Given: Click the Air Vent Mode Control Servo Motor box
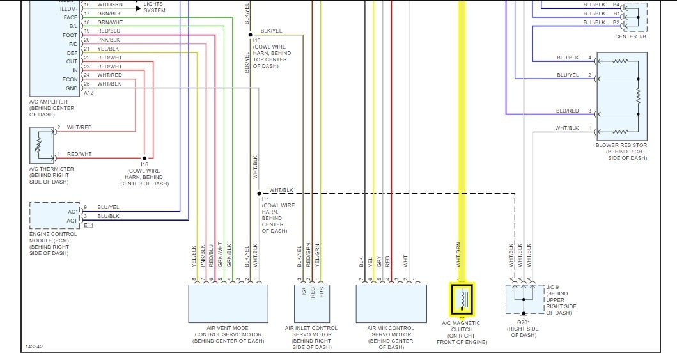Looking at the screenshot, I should pyautogui.click(x=228, y=303).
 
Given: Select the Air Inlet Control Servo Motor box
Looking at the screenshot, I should pyautogui.click(x=311, y=303).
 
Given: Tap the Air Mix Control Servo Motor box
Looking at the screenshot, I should pyautogui.click(x=391, y=303).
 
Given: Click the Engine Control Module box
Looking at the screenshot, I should pyautogui.click(x=55, y=215).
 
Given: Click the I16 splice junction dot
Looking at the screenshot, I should pyautogui.click(x=144, y=157).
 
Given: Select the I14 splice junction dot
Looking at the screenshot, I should pyautogui.click(x=259, y=193).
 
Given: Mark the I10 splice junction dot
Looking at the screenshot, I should pyautogui.click(x=251, y=35).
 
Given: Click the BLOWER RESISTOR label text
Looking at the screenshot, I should pyautogui.click(x=621, y=145).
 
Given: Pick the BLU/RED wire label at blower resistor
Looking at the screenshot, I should pyautogui.click(x=567, y=111).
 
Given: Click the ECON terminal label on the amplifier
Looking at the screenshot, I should pyautogui.click(x=70, y=79).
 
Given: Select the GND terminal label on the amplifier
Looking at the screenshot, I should pyautogui.click(x=72, y=88).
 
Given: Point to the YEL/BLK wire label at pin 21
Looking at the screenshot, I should pyautogui.click(x=108, y=49).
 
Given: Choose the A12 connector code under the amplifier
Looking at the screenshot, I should pyautogui.click(x=88, y=93).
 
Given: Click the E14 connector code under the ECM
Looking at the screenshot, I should pyautogui.click(x=88, y=225).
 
